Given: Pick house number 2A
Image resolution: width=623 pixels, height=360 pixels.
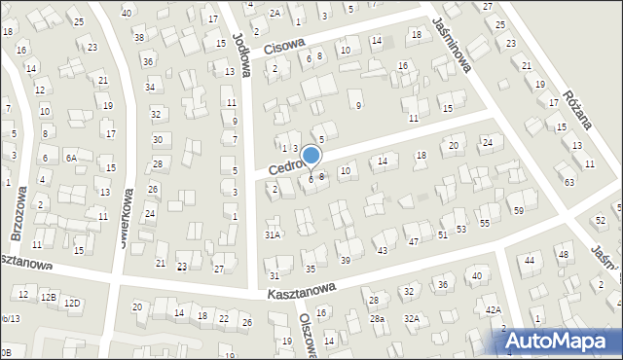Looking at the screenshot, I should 275,13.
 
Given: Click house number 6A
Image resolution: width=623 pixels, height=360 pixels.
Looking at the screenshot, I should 70,158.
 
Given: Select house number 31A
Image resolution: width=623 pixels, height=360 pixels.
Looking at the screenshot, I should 273,234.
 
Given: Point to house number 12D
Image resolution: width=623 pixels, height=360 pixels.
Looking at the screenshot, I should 72,304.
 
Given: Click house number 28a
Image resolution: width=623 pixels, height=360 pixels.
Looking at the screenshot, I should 377,319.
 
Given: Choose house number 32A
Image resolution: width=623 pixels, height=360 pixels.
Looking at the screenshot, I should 412,319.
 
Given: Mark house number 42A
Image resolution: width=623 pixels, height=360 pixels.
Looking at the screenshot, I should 494,309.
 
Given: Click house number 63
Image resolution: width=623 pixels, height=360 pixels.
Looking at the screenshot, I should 569,182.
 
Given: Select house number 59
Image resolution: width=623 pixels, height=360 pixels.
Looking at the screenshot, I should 519,211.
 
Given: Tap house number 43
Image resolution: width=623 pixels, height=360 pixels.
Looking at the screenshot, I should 383,251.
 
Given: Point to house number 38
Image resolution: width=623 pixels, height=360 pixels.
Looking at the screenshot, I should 139,37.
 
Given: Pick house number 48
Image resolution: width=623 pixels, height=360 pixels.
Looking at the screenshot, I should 563,255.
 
